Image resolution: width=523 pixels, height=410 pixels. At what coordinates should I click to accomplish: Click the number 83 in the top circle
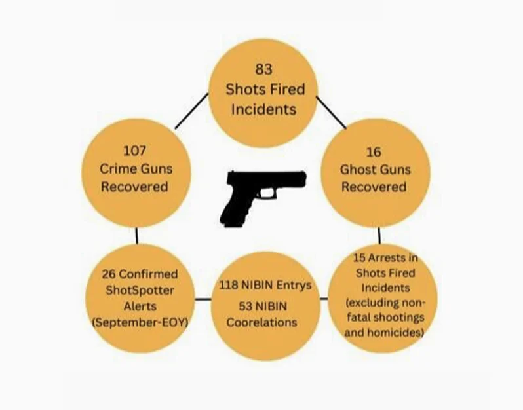[x=263, y=69]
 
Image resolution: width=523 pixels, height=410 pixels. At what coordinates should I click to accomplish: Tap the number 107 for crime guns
[x=135, y=151]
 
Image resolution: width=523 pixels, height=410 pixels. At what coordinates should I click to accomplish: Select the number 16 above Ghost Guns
[x=374, y=153]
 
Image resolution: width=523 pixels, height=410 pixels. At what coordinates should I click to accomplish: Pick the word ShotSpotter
[x=140, y=290]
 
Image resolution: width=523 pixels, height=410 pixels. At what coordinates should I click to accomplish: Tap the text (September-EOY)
[x=140, y=322]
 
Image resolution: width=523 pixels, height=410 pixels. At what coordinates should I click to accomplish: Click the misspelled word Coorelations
[x=261, y=322]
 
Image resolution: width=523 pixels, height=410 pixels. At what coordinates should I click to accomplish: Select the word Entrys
[x=294, y=286]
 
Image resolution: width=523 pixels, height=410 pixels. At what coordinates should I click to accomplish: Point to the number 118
[x=229, y=285]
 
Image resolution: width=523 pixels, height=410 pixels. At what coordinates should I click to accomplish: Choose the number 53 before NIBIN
[x=246, y=306]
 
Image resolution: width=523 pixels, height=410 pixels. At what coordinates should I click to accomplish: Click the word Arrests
[x=387, y=257]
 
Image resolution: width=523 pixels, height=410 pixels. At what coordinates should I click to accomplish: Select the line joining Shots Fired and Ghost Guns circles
[x=331, y=113]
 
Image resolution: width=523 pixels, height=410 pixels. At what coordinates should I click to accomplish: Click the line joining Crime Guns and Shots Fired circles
[x=191, y=111]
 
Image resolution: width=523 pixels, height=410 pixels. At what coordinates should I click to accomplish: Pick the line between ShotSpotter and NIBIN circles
[x=203, y=299]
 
